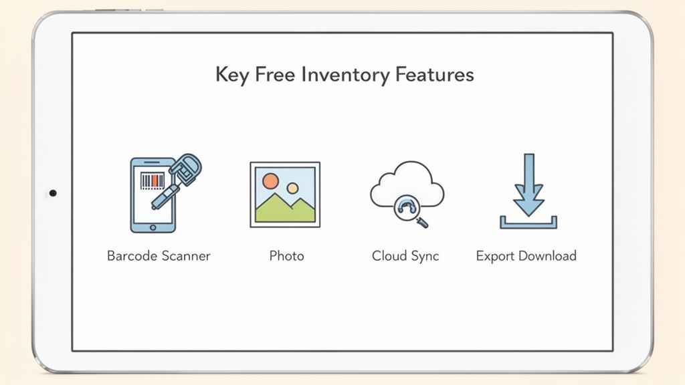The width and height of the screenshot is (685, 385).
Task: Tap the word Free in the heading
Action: click(274, 74)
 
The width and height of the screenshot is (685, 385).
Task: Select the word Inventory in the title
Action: click(341, 75)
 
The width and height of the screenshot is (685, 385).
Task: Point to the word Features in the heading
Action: click(434, 74)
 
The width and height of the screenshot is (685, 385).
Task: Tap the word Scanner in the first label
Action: click(186, 256)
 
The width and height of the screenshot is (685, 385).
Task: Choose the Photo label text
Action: click(286, 256)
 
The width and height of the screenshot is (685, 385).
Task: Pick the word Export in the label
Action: click(496, 256)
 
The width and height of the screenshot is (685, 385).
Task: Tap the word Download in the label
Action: click(548, 256)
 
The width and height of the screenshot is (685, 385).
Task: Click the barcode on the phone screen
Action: click(152, 180)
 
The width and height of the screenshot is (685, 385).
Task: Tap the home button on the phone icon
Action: click(152, 227)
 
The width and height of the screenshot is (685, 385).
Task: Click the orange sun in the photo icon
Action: click(270, 180)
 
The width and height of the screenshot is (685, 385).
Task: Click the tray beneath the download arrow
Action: click(528, 225)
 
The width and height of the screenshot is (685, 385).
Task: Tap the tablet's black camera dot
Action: click(53, 193)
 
